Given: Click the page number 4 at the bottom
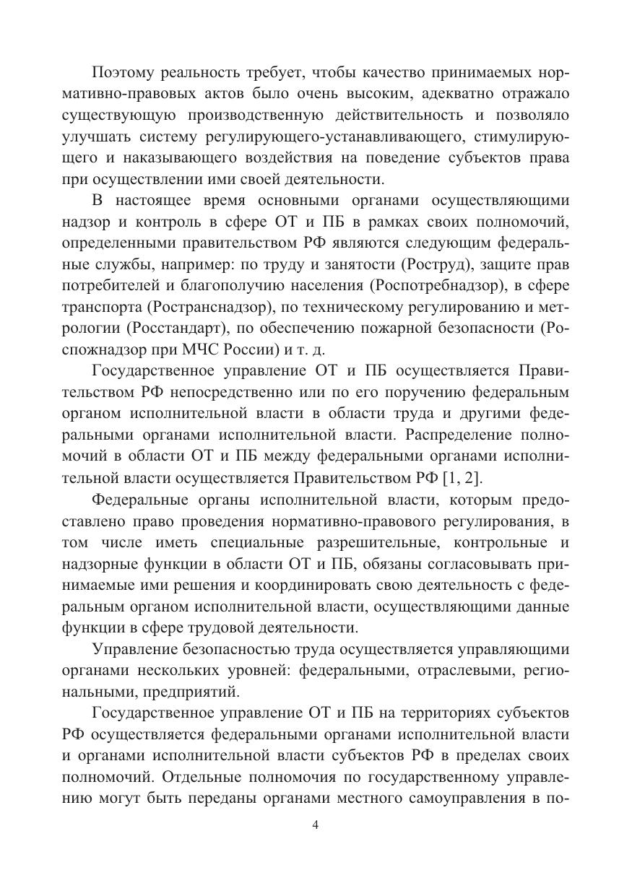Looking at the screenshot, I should tap(316, 825).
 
